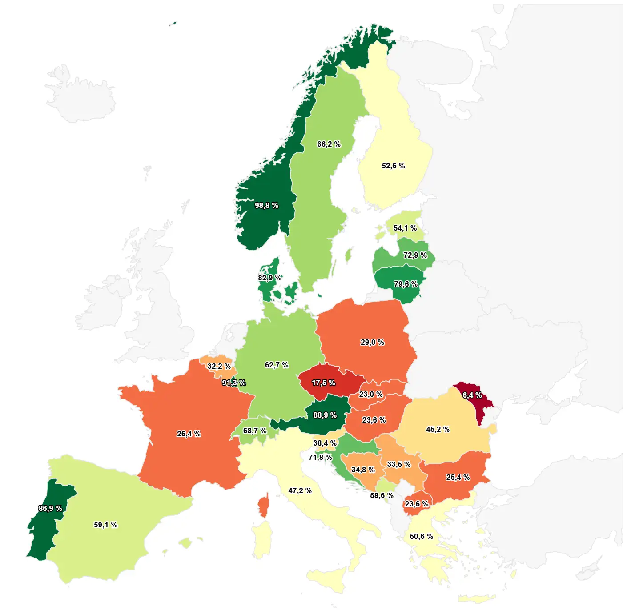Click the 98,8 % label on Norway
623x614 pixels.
point(266,205)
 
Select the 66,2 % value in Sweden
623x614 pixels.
point(329,144)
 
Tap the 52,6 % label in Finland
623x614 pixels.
point(393,166)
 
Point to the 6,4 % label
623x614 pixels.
point(472,395)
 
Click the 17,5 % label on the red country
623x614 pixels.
point(323,383)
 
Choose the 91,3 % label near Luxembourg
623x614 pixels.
point(234,383)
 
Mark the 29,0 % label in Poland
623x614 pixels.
point(372,342)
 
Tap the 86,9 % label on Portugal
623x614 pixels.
point(50,508)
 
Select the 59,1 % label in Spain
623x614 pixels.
point(105,525)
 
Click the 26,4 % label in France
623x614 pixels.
point(189,434)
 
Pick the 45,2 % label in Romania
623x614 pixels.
point(438,429)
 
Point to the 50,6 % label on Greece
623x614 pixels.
point(421,536)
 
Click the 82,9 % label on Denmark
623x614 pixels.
point(269,278)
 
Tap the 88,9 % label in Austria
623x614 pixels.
point(325,415)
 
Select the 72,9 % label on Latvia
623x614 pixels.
point(415,255)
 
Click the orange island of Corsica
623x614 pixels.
point(263,506)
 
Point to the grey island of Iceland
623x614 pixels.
point(80,96)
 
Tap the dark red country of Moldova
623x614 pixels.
point(479,409)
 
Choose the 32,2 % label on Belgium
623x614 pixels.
point(219,366)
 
